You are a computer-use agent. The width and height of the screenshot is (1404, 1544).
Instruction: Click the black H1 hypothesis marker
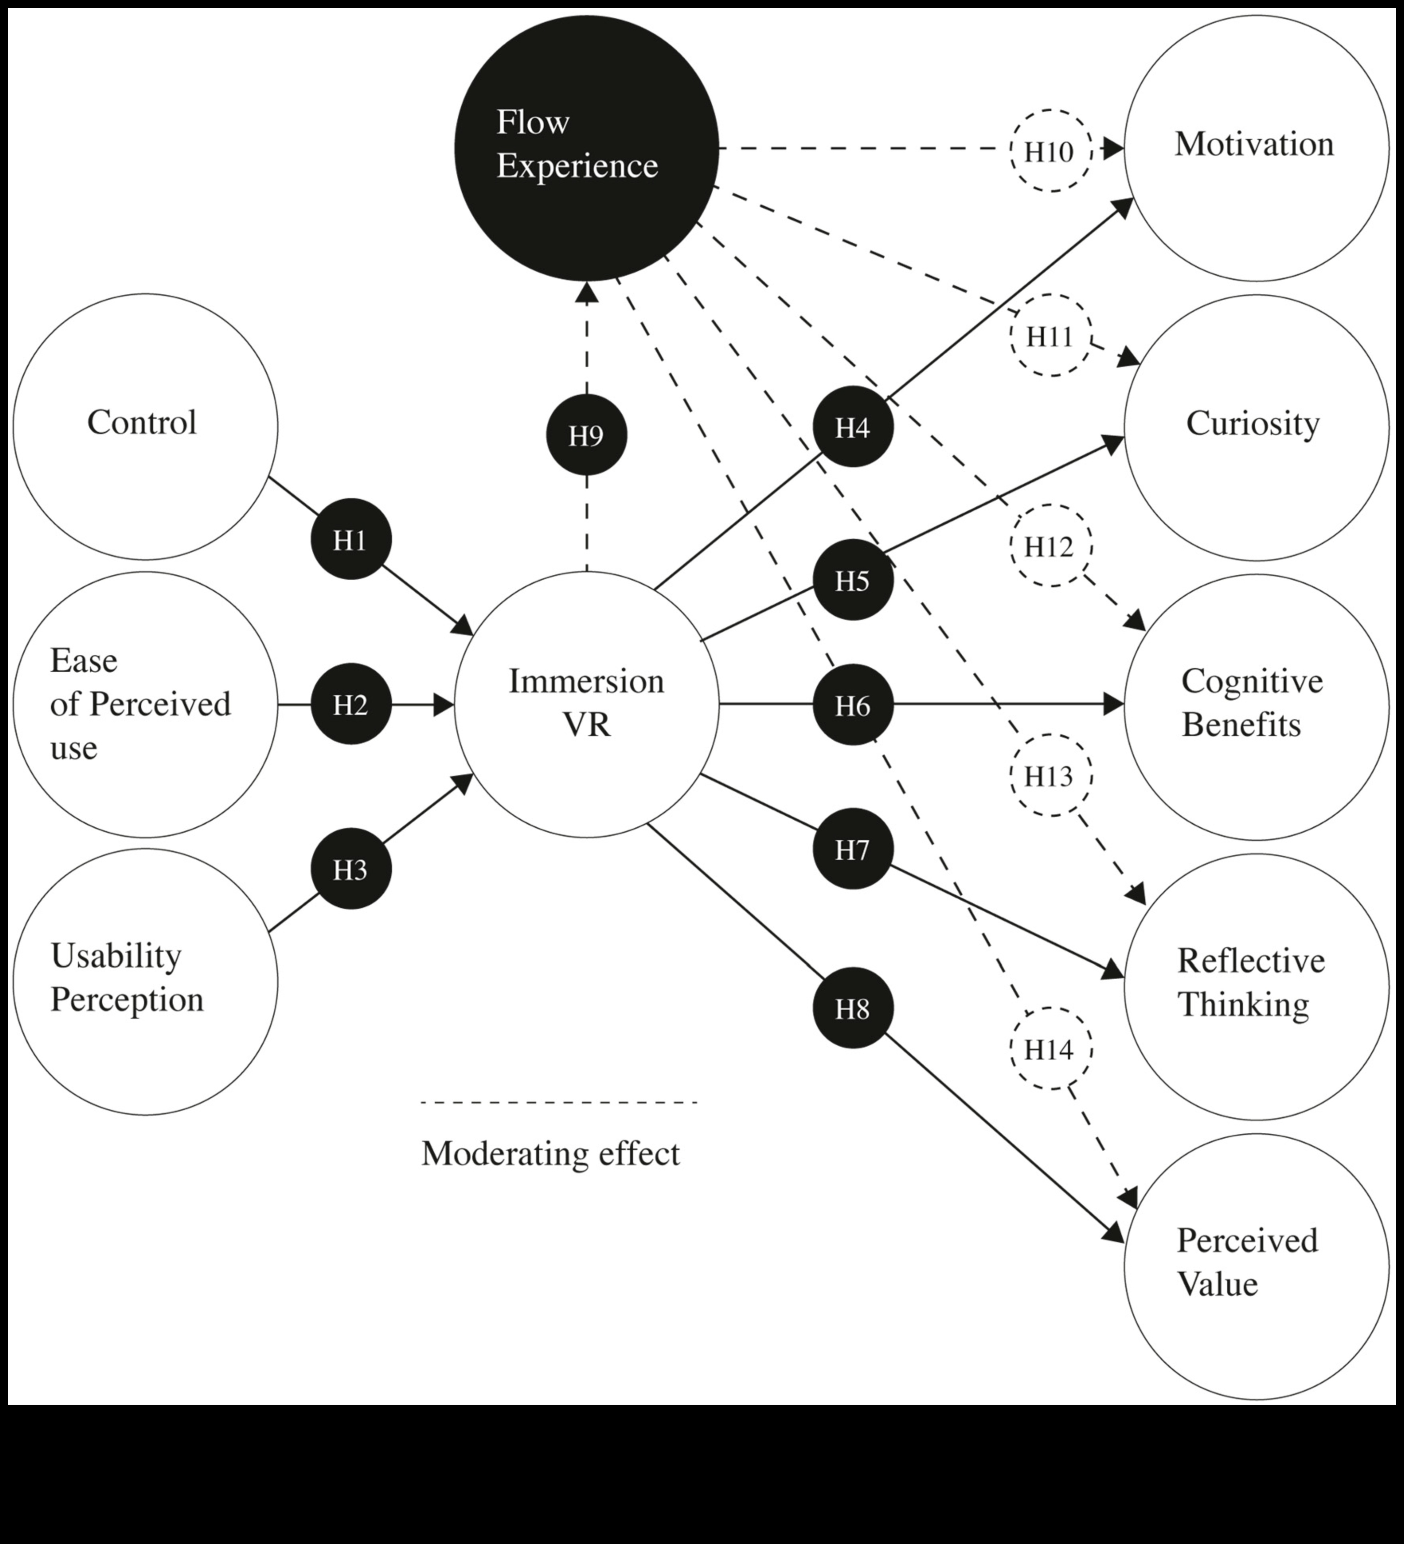(351, 540)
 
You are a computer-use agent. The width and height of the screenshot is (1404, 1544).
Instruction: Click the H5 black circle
(853, 580)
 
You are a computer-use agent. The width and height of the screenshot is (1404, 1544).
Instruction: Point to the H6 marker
(853, 705)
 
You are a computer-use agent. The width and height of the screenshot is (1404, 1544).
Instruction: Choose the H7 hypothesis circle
(853, 849)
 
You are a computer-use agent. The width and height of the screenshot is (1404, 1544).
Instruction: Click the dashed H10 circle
(1050, 151)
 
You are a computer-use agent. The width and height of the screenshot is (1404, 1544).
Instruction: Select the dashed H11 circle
(1050, 336)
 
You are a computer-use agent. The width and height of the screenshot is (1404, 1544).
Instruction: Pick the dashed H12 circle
(1050, 546)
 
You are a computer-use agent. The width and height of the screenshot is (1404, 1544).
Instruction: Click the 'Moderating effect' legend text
(550, 1153)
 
